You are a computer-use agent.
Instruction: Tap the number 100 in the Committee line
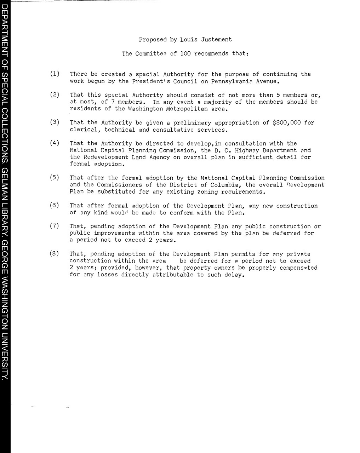click(185, 54)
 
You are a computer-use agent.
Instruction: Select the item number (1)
click(55, 74)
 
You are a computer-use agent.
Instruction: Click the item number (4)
click(55, 143)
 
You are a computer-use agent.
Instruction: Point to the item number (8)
click(55, 254)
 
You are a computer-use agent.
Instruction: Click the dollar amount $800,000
click(287, 123)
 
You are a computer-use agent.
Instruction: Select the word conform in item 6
click(182, 213)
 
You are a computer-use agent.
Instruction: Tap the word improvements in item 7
click(114, 233)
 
